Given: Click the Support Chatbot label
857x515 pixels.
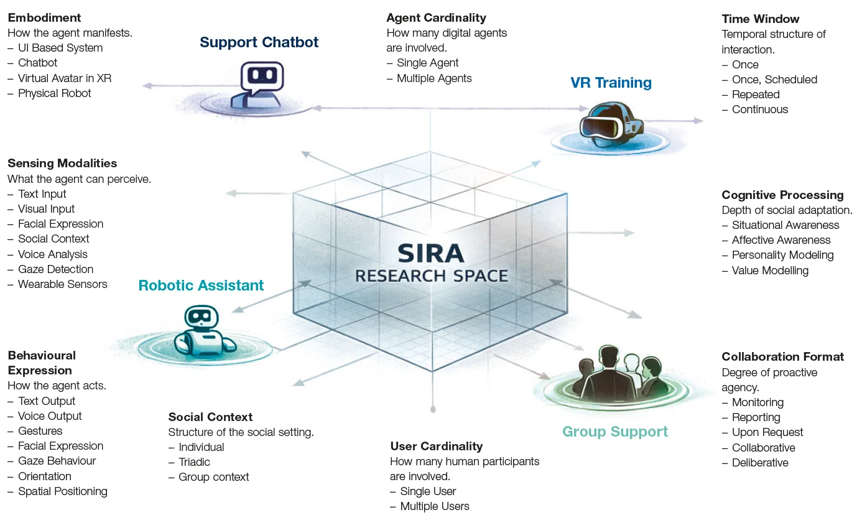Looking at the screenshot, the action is click(x=259, y=42).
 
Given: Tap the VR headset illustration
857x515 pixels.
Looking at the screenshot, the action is click(x=611, y=124).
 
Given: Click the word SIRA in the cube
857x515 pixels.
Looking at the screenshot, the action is click(x=431, y=253).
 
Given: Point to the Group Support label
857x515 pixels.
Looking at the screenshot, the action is click(x=615, y=432).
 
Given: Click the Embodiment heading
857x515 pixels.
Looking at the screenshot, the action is click(x=44, y=17).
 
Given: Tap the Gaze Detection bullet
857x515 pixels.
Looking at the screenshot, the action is click(x=50, y=269).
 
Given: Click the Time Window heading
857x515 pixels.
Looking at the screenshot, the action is click(x=760, y=19).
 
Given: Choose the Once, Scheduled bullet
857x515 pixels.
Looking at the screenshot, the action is click(x=769, y=80).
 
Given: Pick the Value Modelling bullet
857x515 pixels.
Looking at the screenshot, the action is click(x=765, y=271).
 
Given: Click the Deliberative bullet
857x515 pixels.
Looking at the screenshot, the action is click(x=755, y=463).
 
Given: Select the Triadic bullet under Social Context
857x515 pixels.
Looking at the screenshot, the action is click(x=189, y=462).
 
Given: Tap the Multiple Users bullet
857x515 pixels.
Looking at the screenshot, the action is click(x=430, y=506).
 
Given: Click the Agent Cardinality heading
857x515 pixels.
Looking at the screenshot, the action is click(x=436, y=17).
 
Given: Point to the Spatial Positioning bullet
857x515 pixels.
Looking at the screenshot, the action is click(x=57, y=491).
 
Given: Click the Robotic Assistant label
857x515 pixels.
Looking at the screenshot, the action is click(x=201, y=285).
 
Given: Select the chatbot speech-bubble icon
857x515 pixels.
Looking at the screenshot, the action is click(x=262, y=78).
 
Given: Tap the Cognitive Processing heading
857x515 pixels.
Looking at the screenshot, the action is click(x=782, y=195).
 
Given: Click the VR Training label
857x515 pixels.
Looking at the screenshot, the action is click(x=611, y=83).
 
